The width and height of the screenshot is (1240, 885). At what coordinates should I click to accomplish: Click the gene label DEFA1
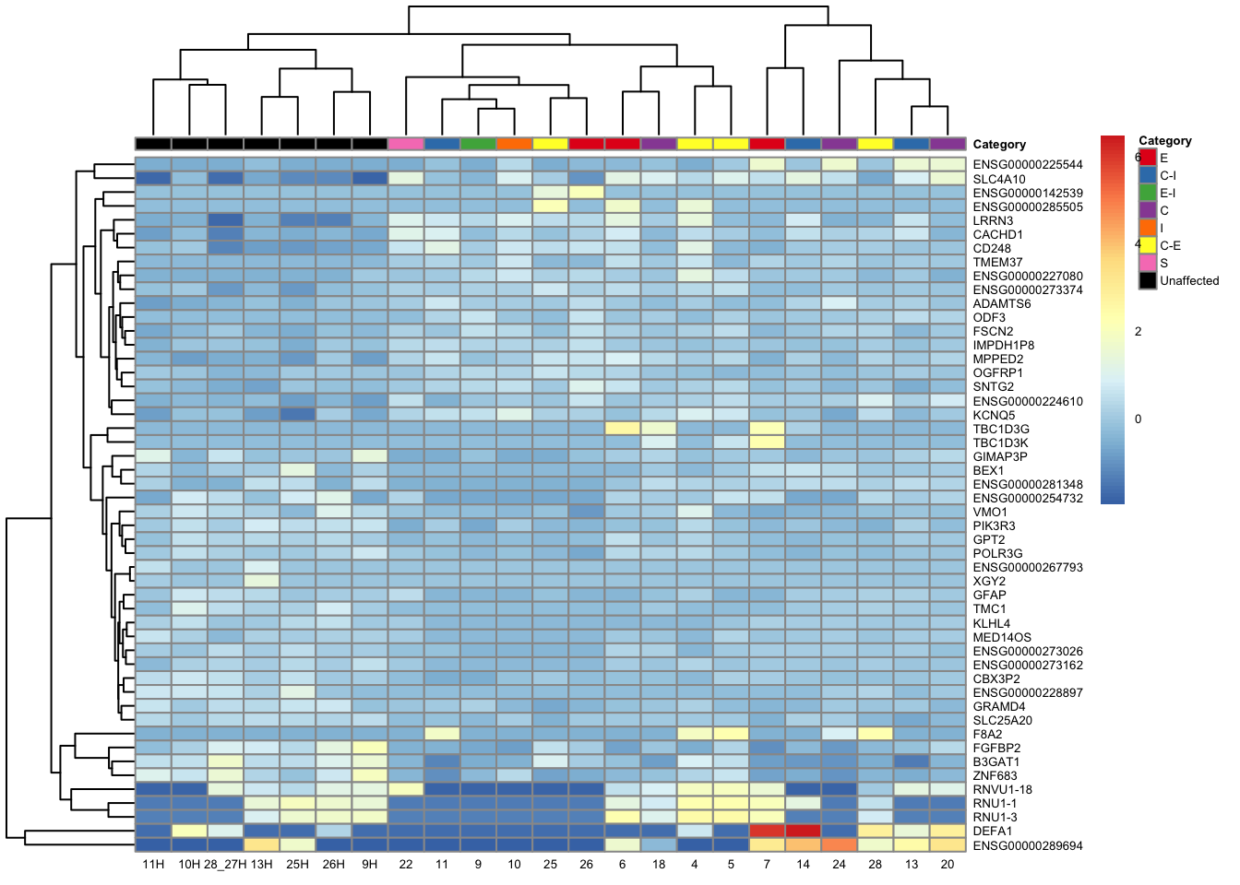click(x=992, y=832)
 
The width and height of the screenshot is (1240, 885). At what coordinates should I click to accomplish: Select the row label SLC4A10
click(x=998, y=180)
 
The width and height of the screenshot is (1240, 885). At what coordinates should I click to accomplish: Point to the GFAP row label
click(x=989, y=596)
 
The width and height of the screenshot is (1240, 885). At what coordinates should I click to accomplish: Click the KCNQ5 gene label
click(x=994, y=416)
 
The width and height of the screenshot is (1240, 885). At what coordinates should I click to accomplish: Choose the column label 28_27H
click(x=225, y=865)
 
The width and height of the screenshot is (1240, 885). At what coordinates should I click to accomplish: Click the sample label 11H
click(x=153, y=865)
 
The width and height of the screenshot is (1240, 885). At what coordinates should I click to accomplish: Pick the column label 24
click(x=839, y=865)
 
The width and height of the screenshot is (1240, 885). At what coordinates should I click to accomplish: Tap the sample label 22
click(x=406, y=865)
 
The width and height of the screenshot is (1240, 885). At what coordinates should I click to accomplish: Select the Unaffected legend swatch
click(x=1148, y=280)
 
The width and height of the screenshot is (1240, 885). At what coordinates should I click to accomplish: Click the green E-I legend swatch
click(x=1148, y=193)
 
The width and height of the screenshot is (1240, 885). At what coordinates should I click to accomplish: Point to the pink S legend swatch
click(x=1148, y=263)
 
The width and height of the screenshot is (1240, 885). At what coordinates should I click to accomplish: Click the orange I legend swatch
click(x=1148, y=228)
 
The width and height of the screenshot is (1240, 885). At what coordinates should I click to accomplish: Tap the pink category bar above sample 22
click(x=406, y=144)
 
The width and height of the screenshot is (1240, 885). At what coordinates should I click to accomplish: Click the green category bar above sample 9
click(x=478, y=144)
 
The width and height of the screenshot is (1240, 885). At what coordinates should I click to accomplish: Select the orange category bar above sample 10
click(x=514, y=144)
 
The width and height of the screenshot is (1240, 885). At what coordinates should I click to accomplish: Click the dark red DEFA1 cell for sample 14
click(x=803, y=832)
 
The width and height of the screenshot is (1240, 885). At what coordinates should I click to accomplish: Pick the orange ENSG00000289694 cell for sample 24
click(x=839, y=845)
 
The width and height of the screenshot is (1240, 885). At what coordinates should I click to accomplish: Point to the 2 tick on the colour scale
click(x=1138, y=332)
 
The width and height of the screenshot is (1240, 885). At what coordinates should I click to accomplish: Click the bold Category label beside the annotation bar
click(x=998, y=145)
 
